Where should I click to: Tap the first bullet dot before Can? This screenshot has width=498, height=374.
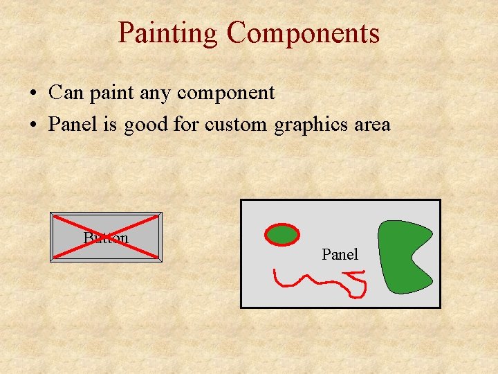coord(33,93)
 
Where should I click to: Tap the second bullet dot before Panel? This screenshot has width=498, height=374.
coord(33,125)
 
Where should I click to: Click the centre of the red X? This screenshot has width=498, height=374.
coord(106,238)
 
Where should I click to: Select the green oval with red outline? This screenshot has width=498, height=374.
coord(282,235)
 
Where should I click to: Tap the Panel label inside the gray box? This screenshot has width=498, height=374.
coord(340,254)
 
